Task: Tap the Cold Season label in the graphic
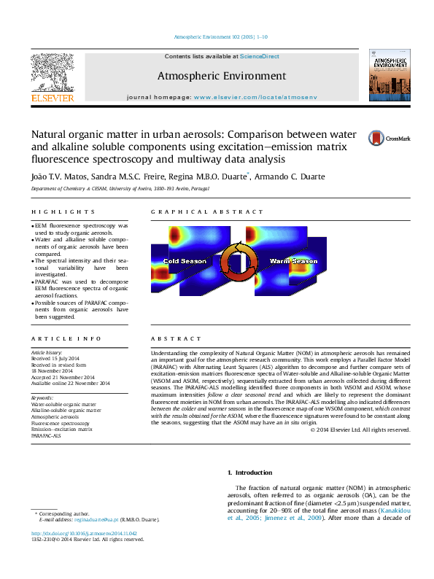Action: pos(185,261)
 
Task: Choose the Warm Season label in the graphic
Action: pos(294,260)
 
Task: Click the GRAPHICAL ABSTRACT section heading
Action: pos(206,212)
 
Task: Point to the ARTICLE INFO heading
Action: pos(56,339)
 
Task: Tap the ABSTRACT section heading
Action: pos(176,339)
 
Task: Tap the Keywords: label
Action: pos(42,397)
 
